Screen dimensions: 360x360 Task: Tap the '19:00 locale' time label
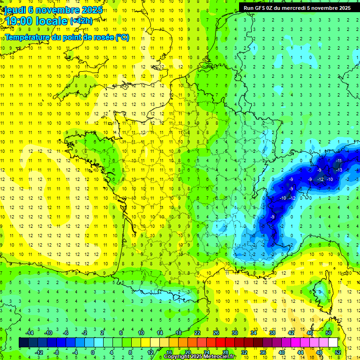(x=36, y=21)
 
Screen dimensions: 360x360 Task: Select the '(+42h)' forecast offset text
(x=81, y=21)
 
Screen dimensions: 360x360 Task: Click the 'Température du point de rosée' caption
(x=67, y=37)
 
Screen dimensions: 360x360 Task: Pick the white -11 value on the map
(x=338, y=161)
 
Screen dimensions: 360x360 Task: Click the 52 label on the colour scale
(x=338, y=352)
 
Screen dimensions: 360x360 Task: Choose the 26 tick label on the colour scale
(x=216, y=333)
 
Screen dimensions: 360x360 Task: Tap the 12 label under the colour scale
(x=150, y=352)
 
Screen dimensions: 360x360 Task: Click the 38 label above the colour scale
(x=272, y=333)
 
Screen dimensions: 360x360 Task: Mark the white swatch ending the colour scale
(x=333, y=343)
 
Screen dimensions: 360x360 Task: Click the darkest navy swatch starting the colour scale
(x=23, y=343)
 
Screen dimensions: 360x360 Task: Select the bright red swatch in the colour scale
(x=220, y=343)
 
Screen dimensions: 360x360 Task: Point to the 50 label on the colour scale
(x=329, y=333)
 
